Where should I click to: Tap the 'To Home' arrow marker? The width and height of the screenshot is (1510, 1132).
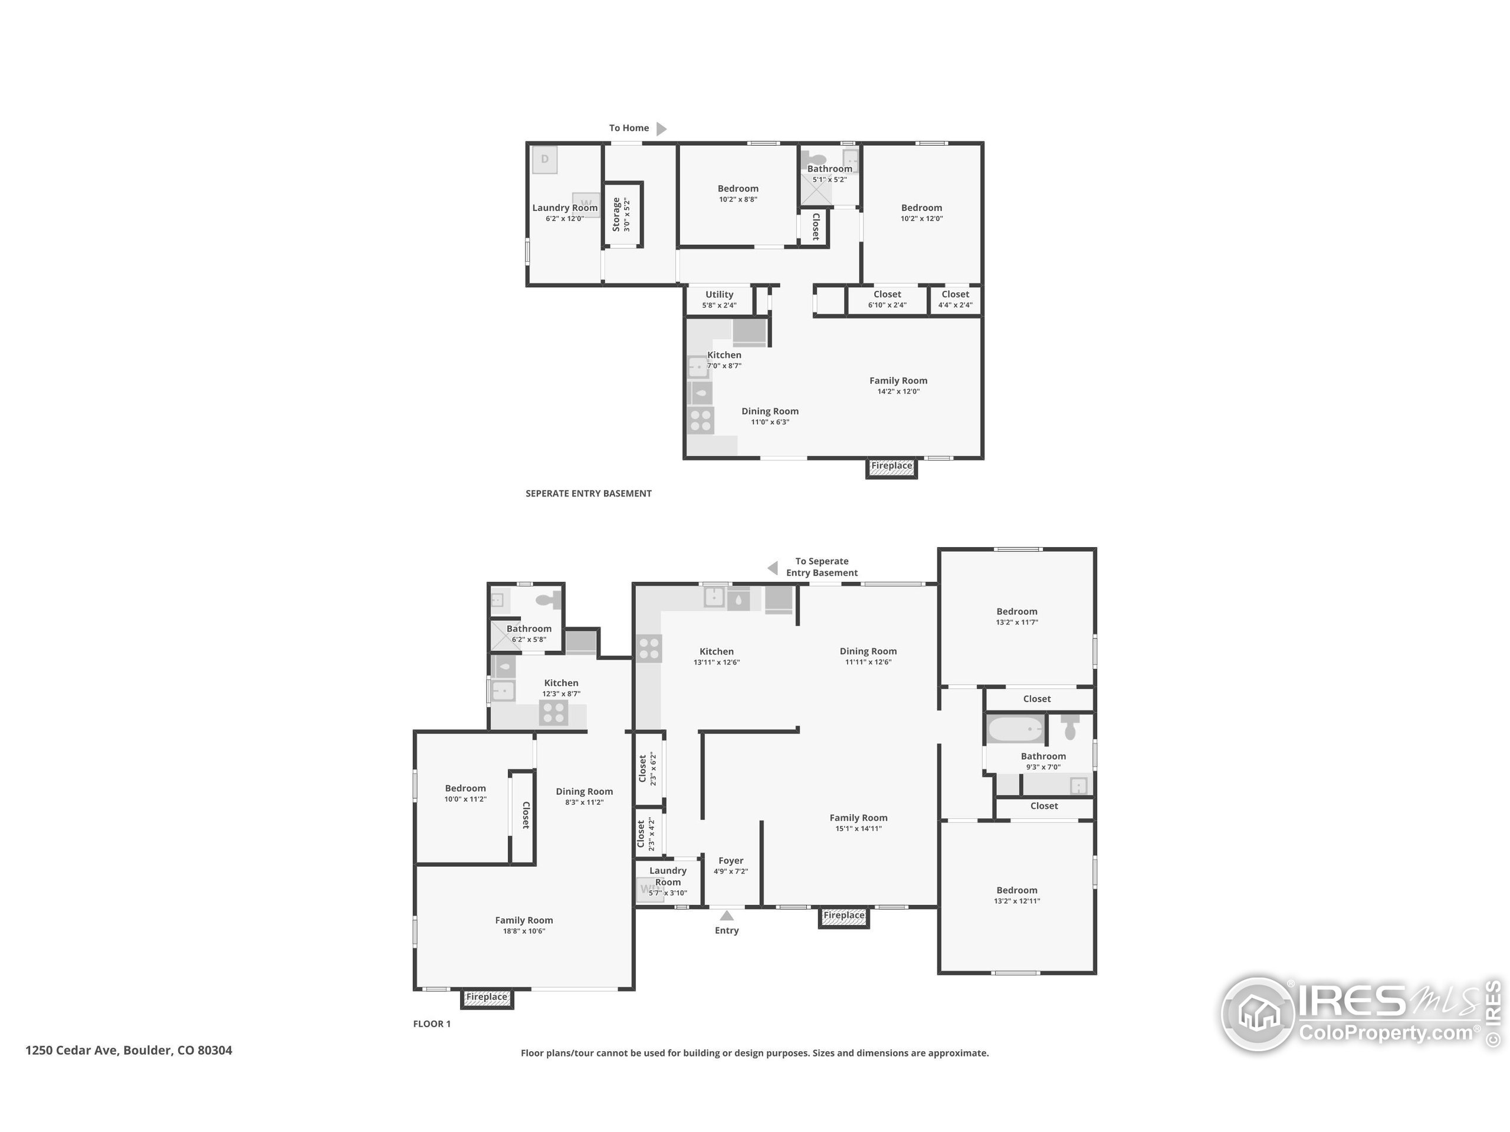click(661, 129)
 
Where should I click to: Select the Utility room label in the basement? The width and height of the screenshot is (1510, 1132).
click(719, 295)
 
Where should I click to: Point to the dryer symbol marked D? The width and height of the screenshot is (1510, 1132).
click(545, 160)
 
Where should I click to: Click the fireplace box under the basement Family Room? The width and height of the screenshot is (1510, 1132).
click(891, 468)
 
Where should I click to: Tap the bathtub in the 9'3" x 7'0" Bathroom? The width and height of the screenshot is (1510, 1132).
click(1016, 729)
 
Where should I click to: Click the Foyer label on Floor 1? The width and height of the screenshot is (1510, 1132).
click(730, 861)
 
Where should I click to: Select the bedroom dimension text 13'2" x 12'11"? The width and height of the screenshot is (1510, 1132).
click(1016, 901)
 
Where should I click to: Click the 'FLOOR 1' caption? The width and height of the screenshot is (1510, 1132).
click(431, 1024)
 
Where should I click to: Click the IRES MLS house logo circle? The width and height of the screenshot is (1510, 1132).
click(1258, 1014)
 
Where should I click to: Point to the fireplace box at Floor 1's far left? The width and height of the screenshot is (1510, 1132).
click(487, 998)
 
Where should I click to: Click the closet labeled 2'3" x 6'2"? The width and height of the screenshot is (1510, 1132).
click(646, 768)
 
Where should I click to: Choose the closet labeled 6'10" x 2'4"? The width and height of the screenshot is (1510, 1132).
click(887, 300)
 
